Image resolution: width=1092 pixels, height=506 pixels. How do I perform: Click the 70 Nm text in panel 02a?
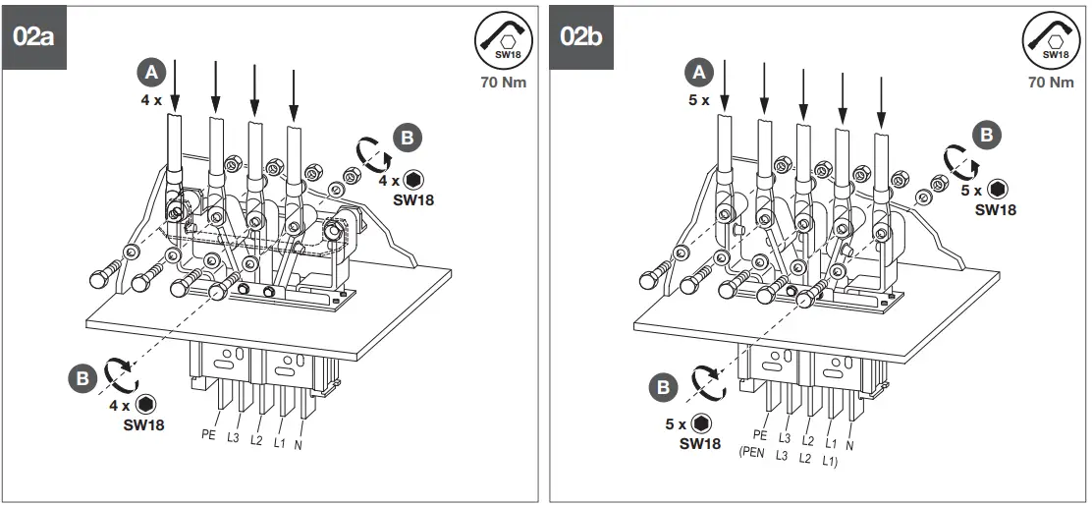(x=502, y=83)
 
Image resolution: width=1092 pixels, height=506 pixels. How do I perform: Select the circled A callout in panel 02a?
(x=150, y=73)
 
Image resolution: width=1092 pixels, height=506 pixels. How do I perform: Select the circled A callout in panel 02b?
(x=699, y=73)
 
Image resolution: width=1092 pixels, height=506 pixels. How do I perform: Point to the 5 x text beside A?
(x=697, y=100)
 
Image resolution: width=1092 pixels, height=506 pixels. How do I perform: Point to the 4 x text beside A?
(x=149, y=100)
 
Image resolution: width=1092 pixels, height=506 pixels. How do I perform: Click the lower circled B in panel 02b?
(x=663, y=387)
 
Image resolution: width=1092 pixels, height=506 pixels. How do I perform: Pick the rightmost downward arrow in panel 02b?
(x=881, y=98)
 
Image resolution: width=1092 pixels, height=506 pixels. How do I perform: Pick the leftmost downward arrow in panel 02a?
(x=175, y=85)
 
